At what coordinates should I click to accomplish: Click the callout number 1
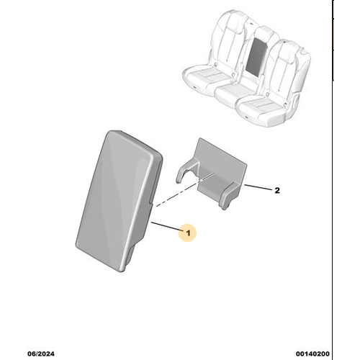(188, 233)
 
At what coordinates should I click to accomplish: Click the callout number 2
(277, 191)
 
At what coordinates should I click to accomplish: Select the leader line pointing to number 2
(258, 188)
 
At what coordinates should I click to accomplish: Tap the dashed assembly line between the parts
(185, 189)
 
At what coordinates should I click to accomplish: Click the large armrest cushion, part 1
(120, 201)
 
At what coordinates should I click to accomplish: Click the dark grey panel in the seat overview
(256, 56)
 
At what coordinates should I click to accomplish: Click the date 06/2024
(41, 354)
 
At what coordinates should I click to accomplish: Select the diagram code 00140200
(312, 354)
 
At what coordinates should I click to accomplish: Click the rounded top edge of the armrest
(135, 143)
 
